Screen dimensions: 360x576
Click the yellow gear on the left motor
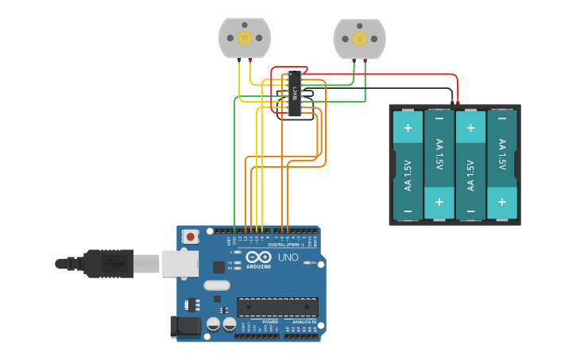245,37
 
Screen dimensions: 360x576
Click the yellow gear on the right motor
359,38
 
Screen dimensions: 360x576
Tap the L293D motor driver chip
295,94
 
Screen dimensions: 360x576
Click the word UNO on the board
288,257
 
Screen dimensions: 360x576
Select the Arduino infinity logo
258,257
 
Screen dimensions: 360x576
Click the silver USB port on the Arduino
180,263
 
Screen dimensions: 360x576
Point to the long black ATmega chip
277,308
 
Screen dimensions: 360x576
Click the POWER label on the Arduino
259,322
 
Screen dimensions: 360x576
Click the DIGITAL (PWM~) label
284,245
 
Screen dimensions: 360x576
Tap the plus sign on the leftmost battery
408,127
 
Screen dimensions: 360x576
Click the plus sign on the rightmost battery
501,203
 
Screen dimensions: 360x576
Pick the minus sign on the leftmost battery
408,211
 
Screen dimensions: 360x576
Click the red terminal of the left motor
251,60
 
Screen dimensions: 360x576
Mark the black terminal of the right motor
354,60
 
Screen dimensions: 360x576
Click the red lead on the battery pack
458,102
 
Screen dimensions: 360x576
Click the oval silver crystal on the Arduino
216,285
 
